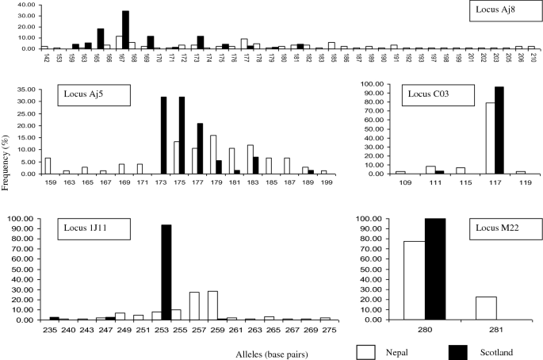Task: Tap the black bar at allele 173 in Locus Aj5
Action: (x=163, y=135)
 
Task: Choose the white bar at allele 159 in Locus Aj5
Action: (x=48, y=165)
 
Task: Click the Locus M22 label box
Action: (x=498, y=231)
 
